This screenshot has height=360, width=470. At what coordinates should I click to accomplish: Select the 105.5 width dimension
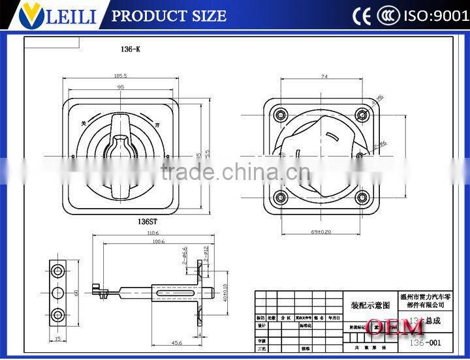[120, 76]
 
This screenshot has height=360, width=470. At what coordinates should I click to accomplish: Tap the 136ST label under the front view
[121, 222]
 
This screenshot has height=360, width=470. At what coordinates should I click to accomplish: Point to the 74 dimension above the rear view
[324, 76]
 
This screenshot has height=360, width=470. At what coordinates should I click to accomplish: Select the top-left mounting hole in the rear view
[281, 115]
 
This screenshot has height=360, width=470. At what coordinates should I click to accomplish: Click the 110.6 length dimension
[152, 232]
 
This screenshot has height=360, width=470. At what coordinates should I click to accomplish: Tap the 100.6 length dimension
[158, 242]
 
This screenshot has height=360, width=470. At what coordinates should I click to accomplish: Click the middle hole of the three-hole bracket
[57, 292]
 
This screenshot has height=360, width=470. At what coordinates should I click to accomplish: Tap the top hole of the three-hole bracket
[57, 270]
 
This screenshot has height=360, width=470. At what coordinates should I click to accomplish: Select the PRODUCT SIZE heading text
[169, 16]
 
